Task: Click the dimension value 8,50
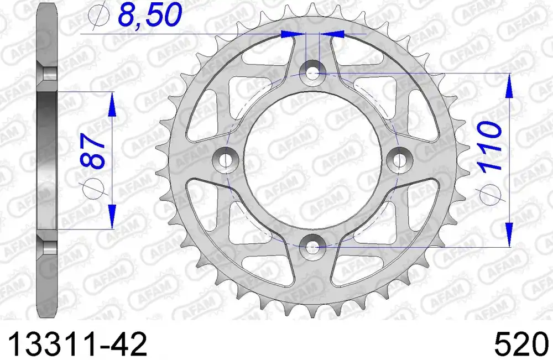point(149,15)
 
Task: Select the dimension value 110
point(489,147)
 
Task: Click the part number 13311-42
point(77,344)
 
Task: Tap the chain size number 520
point(522,344)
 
